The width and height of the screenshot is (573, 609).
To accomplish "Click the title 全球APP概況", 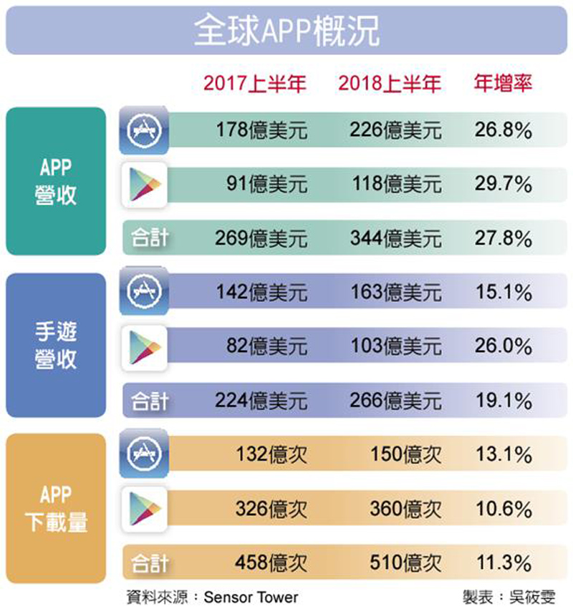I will click(x=286, y=32).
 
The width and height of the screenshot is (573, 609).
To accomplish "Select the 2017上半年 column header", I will click(x=254, y=84).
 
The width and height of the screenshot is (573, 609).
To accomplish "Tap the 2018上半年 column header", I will click(x=389, y=84).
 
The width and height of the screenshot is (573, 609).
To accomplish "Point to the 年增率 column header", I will click(x=504, y=83).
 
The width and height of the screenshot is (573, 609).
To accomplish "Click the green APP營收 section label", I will click(x=56, y=181).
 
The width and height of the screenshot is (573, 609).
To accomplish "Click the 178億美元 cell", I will click(x=261, y=130).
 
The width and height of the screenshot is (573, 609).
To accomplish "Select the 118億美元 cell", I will click(x=396, y=184).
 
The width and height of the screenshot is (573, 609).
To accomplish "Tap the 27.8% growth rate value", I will click(x=503, y=238).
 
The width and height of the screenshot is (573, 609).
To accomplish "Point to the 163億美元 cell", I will click(x=396, y=293).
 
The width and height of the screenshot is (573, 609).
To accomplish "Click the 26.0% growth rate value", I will click(x=503, y=346).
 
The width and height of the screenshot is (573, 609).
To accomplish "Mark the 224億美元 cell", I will click(x=261, y=401).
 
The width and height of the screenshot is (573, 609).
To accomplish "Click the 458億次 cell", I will click(x=271, y=562).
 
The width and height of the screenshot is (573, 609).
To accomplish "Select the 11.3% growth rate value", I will click(x=503, y=562).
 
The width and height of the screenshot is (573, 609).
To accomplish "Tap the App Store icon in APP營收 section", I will click(x=144, y=130).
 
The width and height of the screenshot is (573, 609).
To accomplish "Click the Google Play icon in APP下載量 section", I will click(x=144, y=509).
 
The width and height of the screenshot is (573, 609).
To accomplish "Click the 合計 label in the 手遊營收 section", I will click(x=149, y=401).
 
